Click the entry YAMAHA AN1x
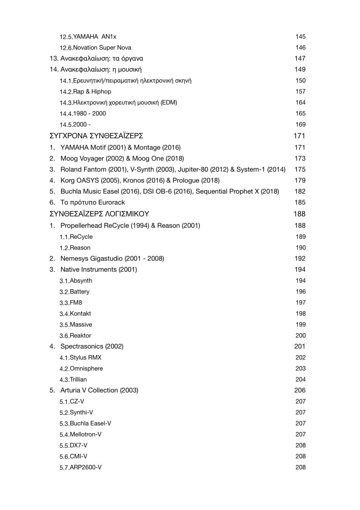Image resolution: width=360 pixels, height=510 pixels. tap(95, 37)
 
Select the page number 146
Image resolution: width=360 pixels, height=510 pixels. tap(300, 48)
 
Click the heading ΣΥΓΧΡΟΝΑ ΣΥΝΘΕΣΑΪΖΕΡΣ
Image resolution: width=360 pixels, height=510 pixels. tap(96, 136)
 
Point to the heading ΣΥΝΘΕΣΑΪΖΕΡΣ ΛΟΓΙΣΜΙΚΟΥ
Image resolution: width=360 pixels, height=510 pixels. tap(99, 214)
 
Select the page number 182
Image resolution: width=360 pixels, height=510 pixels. tap(300, 192)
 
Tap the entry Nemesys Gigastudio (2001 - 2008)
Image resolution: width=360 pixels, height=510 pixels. tap(112, 259)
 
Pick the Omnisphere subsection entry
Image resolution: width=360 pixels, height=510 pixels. tap(86, 368)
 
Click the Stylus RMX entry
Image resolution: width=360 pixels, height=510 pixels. tap(85, 357)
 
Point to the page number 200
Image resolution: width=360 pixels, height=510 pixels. tap(300, 336)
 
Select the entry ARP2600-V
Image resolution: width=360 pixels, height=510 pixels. tap(85, 467)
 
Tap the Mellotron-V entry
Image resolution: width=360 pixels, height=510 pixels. tap(85, 434)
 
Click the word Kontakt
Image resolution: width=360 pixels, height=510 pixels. tap(80, 314)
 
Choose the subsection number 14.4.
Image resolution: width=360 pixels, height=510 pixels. tap(66, 114)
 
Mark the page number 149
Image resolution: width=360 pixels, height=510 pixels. tap(300, 70)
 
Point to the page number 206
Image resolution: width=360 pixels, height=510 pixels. tap(300, 390)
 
